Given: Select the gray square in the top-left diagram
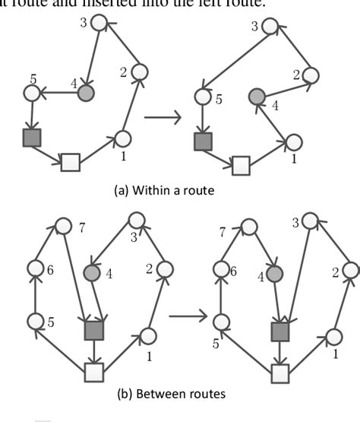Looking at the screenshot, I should pos(31,138).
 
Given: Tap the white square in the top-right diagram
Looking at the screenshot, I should pos(241,163).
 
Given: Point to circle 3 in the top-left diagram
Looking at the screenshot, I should pos(99,23).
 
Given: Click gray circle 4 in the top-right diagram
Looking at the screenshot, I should pos(257,97).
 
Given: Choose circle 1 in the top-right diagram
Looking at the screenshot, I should pos(294,142).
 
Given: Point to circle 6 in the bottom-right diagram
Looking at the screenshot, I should pos(221,268).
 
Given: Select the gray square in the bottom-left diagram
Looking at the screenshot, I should pos(93,330).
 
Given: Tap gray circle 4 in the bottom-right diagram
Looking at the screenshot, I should pos(274,274).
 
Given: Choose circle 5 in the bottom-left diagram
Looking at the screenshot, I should pos(33,321).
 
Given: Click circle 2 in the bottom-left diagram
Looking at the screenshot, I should pos(166,268).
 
